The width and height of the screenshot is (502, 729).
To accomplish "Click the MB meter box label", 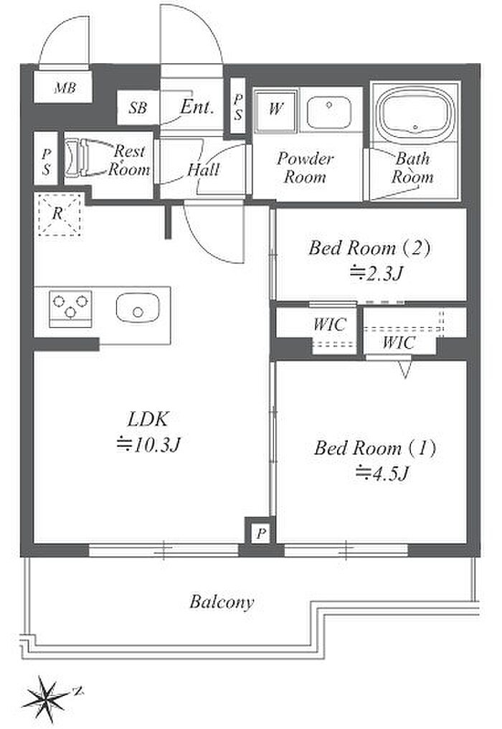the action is pyautogui.click(x=65, y=88).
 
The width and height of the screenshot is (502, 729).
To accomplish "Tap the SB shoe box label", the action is pyautogui.click(x=138, y=108).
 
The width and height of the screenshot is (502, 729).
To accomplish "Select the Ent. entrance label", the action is pyautogui.click(x=197, y=108).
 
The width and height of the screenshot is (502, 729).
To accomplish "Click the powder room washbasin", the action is pyautogui.click(x=329, y=113).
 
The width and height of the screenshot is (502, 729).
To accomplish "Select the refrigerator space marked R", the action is pyautogui.click(x=60, y=215).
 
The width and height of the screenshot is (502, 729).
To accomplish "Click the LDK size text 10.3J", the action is pyautogui.click(x=148, y=445).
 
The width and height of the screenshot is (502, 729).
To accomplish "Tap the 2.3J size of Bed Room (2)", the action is pyautogui.click(x=376, y=273).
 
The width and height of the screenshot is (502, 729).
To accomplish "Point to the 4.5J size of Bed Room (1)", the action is pyautogui.click(x=382, y=474).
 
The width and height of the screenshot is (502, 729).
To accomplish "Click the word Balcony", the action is pyautogui.click(x=222, y=603).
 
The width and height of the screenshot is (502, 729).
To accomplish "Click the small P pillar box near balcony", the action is pyautogui.click(x=261, y=533).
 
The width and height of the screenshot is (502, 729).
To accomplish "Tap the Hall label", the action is pyautogui.click(x=203, y=169).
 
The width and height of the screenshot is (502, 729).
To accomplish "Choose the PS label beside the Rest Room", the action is pyautogui.click(x=46, y=161).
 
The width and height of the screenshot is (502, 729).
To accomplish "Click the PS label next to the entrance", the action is pyautogui.click(x=238, y=107).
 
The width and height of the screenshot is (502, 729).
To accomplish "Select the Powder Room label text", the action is pyautogui.click(x=305, y=168).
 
